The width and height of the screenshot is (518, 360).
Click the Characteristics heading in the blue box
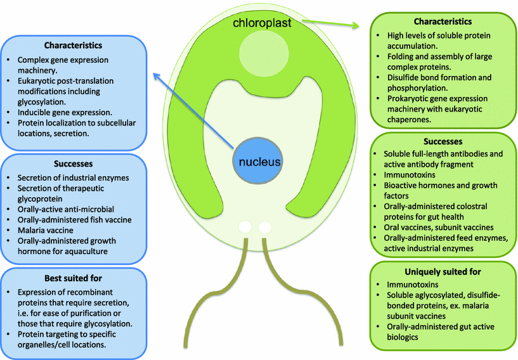[x=74, y=45]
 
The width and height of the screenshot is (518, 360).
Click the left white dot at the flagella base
[x=244, y=226]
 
